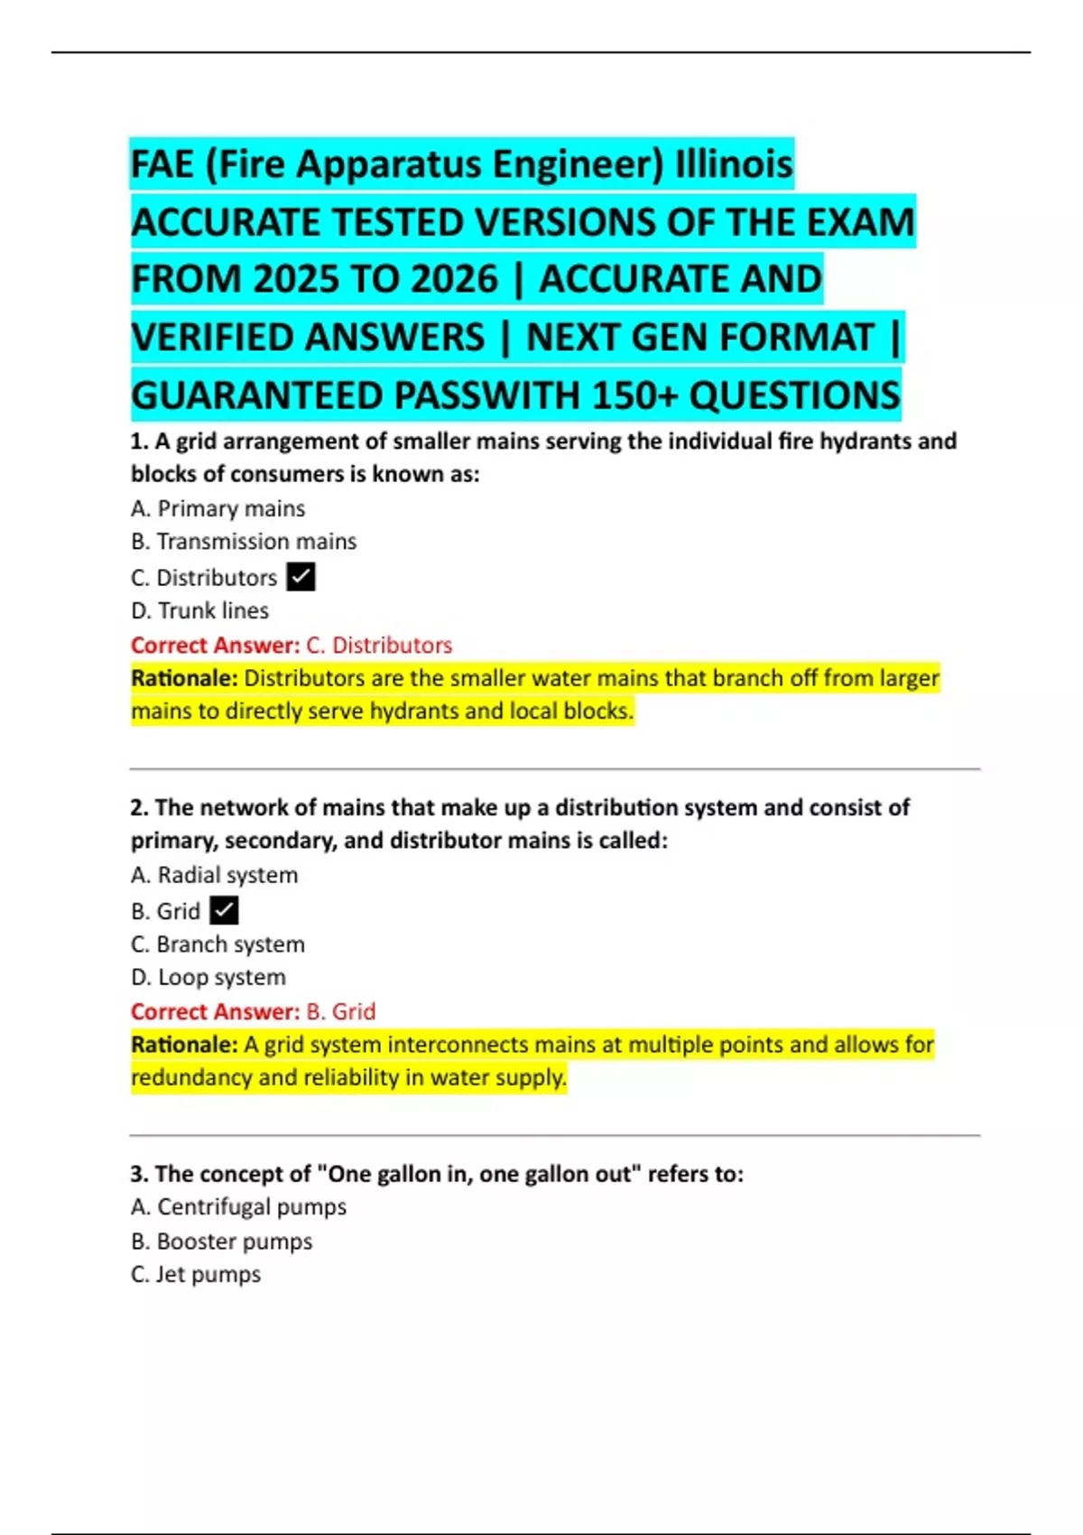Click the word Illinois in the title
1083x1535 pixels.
pyautogui.click(x=734, y=164)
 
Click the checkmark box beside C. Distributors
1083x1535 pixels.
pyautogui.click(x=301, y=577)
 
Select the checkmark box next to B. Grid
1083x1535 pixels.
pyautogui.click(x=224, y=910)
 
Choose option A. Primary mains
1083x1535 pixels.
pyautogui.click(x=218, y=508)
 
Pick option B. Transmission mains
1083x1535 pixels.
pyautogui.click(x=244, y=541)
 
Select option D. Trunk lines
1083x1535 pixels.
pyautogui.click(x=199, y=610)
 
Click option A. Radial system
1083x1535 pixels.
pyautogui.click(x=214, y=875)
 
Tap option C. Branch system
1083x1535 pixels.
pyautogui.click(x=218, y=944)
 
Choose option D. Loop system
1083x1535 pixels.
pyautogui.click(x=208, y=977)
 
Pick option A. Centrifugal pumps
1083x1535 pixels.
pyautogui.click(x=238, y=1206)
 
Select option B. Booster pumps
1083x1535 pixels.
pyautogui.click(x=221, y=1241)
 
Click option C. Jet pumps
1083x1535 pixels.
pyautogui.click(x=196, y=1274)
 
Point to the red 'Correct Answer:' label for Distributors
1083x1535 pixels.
pyautogui.click(x=215, y=645)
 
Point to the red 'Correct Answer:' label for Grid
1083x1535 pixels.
pyautogui.click(x=215, y=1011)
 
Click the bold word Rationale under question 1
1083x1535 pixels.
pyautogui.click(x=184, y=678)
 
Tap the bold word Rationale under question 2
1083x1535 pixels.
pyautogui.click(x=184, y=1045)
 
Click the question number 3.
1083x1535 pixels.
pyautogui.click(x=139, y=1174)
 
